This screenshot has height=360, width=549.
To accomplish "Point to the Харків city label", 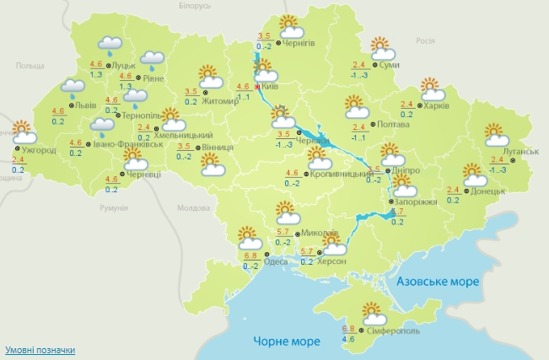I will pyautogui.click(x=436, y=106).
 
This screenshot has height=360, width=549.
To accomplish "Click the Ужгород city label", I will pyautogui.click(x=39, y=150).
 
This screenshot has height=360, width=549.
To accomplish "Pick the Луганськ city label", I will pyautogui.click(x=520, y=152).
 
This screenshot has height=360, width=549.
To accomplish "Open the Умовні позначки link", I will pyautogui.click(x=40, y=349).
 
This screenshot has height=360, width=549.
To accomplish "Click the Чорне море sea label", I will pyautogui.click(x=288, y=341).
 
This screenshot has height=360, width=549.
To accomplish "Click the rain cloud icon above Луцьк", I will pyautogui.click(x=109, y=44).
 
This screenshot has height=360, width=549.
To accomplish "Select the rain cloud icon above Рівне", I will pyautogui.click(x=152, y=59).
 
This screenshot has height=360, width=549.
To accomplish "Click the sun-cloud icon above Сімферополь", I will pyautogui.click(x=371, y=313).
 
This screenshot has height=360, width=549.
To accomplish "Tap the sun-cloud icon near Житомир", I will pyautogui.click(x=209, y=78).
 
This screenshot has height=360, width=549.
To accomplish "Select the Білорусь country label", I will pyautogui.click(x=195, y=6).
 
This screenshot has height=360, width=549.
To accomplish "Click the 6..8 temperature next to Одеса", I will pyautogui.click(x=250, y=255).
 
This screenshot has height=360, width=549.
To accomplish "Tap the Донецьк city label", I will pyautogui.click(x=488, y=191).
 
